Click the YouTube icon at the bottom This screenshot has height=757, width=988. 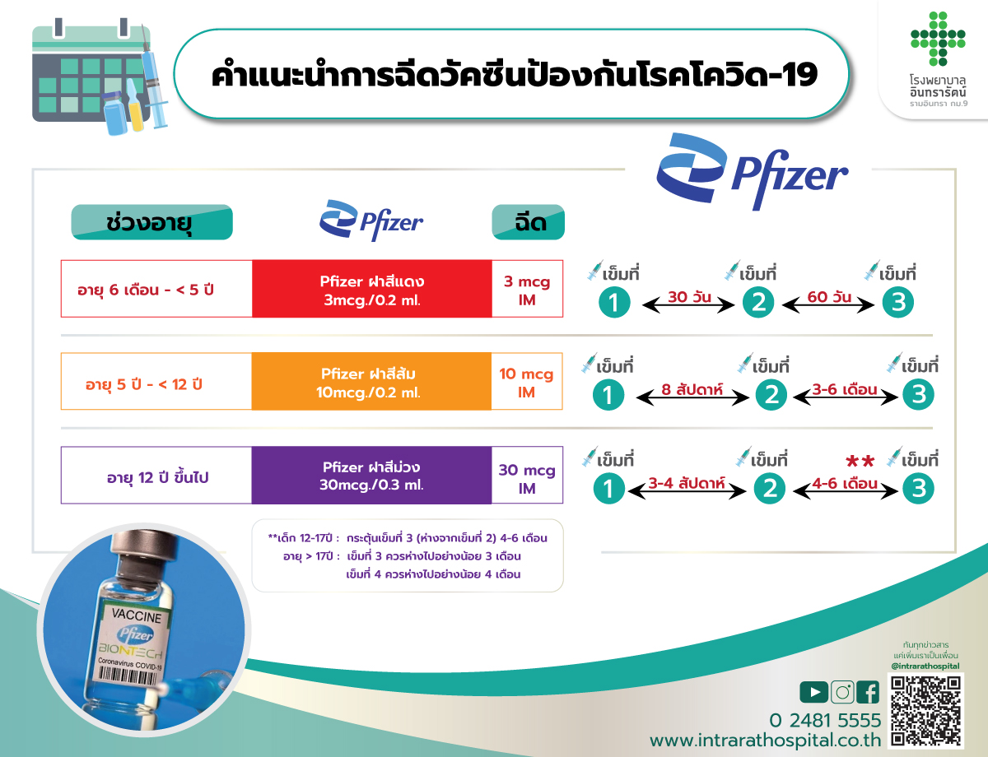point(813,692)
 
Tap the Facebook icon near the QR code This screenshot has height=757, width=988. point(868,692)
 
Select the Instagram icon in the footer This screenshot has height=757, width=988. point(842,692)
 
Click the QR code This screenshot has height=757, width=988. point(925,711)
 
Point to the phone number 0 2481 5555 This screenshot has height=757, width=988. point(825,721)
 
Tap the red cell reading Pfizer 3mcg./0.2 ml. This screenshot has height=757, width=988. point(372,289)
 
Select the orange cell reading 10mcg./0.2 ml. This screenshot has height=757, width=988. point(371,381)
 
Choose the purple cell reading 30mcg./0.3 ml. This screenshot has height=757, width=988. point(371,475)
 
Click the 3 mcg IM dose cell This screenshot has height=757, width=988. point(528,289)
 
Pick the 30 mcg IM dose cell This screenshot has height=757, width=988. point(528,475)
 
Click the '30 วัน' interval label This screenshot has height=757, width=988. point(689,297)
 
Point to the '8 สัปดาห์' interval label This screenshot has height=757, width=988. point(692,389)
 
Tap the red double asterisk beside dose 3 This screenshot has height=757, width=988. point(860,462)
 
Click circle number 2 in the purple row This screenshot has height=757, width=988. point(769,489)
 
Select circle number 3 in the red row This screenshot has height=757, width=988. point(898,303)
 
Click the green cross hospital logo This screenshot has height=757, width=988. point(938,39)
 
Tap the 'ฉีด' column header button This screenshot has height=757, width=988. point(529,222)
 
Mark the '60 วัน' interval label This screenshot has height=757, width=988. point(829,297)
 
